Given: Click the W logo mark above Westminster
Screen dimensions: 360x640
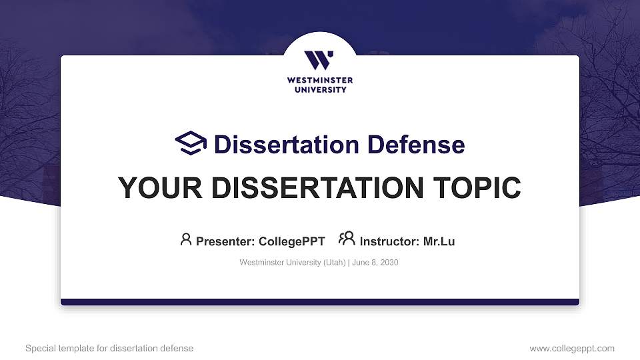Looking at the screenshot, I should (x=319, y=60).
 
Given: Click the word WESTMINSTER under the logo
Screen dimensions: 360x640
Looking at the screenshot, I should (x=320, y=81).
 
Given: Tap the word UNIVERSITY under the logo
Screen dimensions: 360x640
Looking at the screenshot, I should (x=320, y=89).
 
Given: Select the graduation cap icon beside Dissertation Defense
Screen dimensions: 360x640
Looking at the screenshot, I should (x=191, y=143).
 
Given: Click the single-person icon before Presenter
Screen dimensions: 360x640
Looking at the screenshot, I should (x=186, y=239).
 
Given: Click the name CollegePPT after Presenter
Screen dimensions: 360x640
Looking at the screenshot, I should (x=291, y=241).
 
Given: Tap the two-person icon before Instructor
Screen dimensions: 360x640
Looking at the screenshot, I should (x=347, y=239).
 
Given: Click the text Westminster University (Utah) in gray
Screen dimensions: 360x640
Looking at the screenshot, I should (x=292, y=263).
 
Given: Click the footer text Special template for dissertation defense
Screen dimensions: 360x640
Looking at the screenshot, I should (x=109, y=348).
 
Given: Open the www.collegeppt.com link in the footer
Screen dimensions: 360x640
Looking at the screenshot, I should (x=572, y=348).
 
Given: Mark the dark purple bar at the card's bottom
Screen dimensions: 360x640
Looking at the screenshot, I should (x=320, y=302).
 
